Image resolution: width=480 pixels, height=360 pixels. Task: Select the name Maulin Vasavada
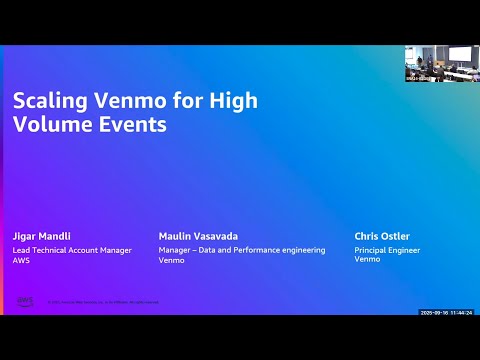(197, 237)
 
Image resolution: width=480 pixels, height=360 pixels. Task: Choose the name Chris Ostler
(382, 237)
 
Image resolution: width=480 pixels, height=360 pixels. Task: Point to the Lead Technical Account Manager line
(71, 250)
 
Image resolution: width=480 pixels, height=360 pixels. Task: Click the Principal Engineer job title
(387, 250)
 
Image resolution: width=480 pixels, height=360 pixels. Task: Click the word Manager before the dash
(175, 250)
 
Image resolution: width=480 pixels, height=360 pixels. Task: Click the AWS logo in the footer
(24, 300)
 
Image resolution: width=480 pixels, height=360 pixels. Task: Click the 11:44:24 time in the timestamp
(461, 312)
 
